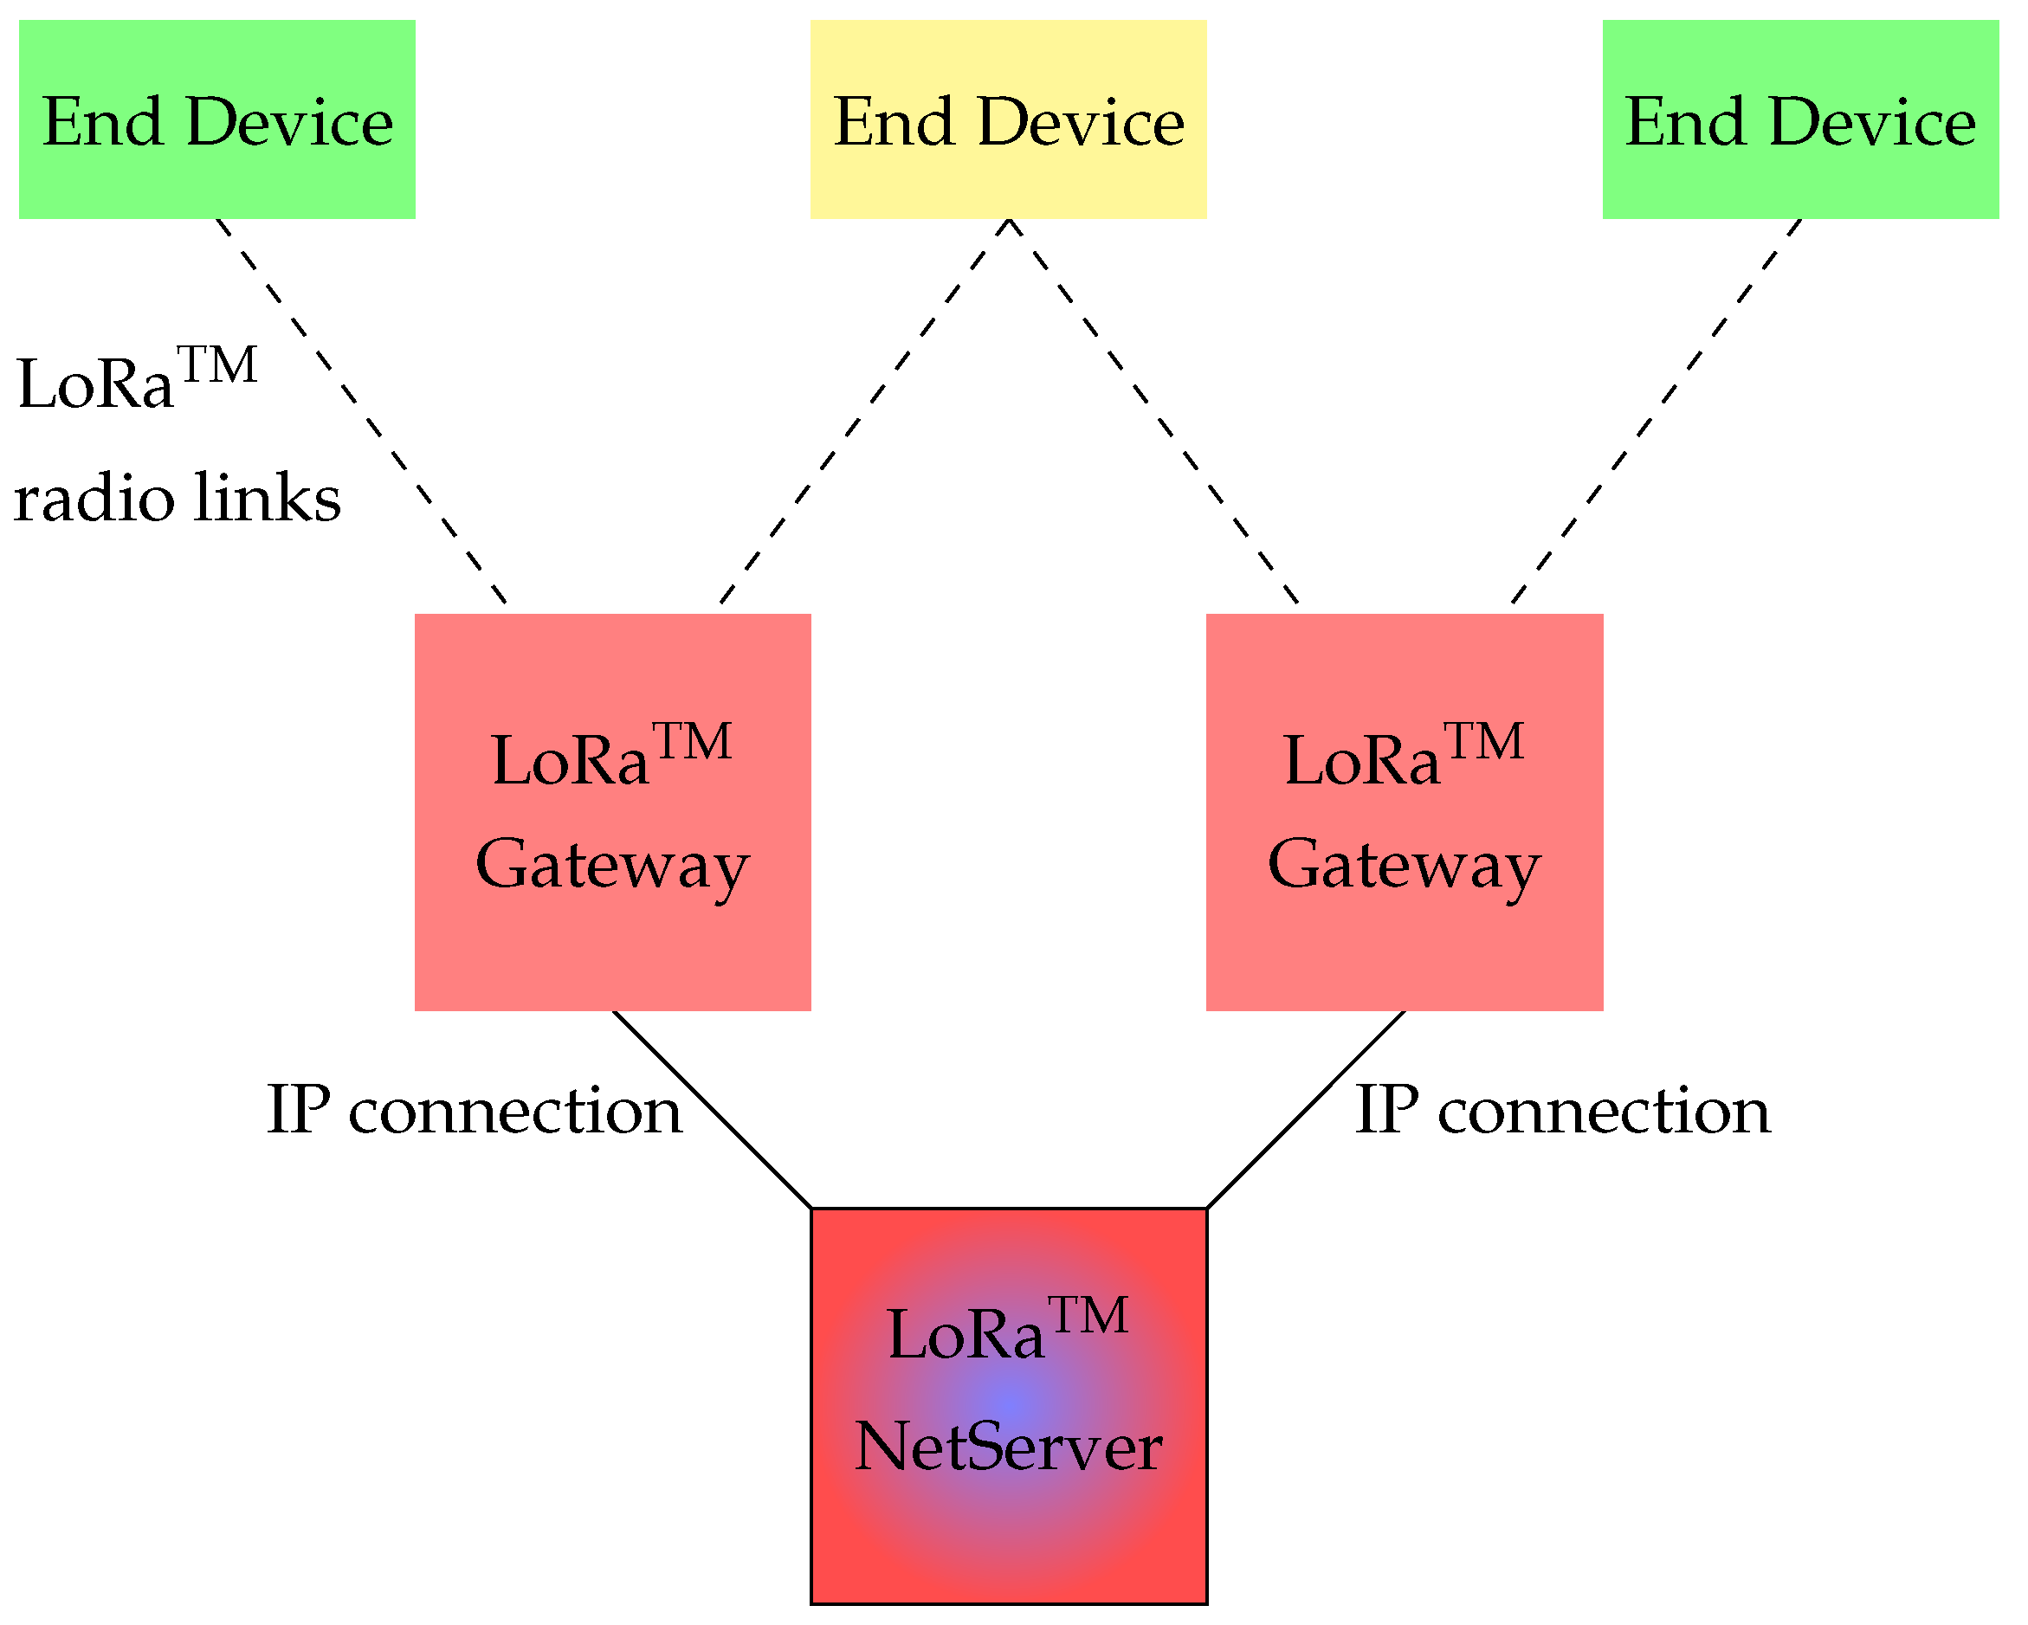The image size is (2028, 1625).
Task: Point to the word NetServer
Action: click(x=1008, y=1448)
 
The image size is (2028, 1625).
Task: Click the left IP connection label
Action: click(x=474, y=1112)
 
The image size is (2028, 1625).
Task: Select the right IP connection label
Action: click(x=1562, y=1112)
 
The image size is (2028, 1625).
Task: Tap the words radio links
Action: click(x=177, y=498)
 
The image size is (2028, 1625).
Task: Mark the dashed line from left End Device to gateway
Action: click(x=363, y=412)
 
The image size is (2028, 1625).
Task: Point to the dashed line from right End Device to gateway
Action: click(x=1656, y=412)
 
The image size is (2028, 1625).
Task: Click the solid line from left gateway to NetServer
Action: click(x=712, y=1111)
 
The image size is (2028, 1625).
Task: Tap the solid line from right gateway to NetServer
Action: click(x=1306, y=1111)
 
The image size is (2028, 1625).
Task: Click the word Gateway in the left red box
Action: click(x=612, y=865)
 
